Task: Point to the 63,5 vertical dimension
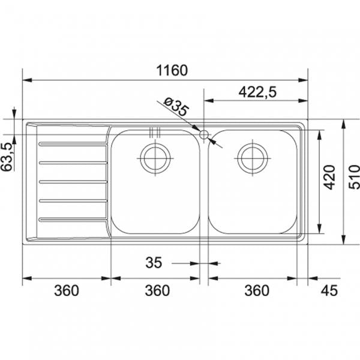coord(7,157)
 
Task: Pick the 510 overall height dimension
coord(354,178)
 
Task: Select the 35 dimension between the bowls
coord(154,263)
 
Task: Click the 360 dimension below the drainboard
coord(67,291)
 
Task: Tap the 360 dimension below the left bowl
coord(157,291)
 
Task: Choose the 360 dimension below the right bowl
coord(256,291)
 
